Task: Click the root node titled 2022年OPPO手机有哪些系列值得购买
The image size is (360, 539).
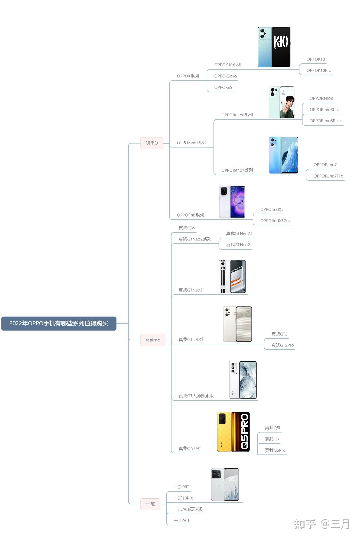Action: [59, 323]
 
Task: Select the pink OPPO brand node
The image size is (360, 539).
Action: [152, 143]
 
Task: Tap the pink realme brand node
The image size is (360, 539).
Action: [152, 340]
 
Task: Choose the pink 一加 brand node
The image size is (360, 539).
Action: [150, 504]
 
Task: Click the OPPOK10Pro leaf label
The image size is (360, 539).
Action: [319, 71]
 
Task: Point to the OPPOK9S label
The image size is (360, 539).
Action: [223, 88]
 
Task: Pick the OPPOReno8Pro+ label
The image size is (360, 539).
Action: [325, 121]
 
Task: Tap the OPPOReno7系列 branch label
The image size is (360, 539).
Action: [237, 171]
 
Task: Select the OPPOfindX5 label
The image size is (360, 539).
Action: [272, 210]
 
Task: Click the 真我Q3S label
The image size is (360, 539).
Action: [187, 228]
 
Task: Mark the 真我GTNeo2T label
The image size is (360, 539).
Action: [239, 234]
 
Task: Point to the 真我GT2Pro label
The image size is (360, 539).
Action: [282, 345]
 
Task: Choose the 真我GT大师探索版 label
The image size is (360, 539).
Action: [196, 396]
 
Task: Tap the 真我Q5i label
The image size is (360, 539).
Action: [272, 428]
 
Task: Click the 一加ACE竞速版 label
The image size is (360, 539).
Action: [188, 510]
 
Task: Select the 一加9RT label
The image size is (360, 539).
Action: [181, 487]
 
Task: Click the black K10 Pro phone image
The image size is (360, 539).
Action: [281, 47]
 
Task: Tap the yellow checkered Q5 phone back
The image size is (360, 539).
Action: [224, 432]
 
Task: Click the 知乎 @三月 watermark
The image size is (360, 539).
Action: [322, 524]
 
